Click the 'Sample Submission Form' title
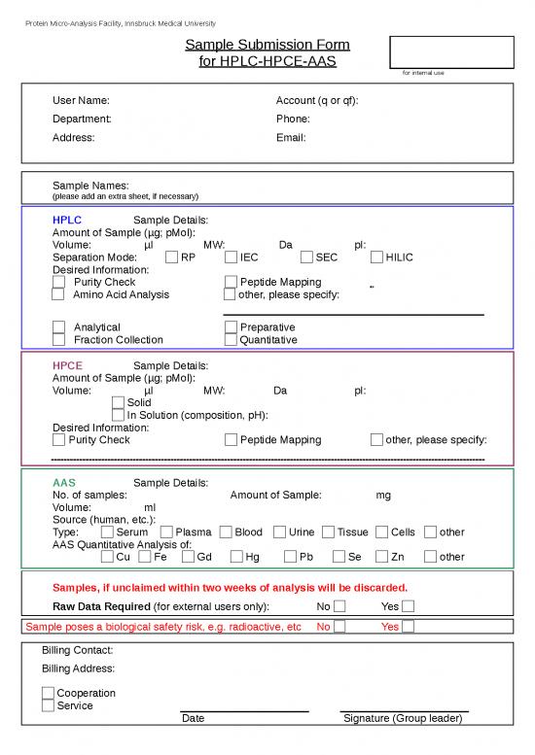tap(267, 45)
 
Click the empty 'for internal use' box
tap(451, 52)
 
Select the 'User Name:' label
tap(81, 100)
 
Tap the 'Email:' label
tap(291, 138)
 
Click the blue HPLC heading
tap(67, 221)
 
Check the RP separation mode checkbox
tap(172, 257)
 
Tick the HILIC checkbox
tap(377, 257)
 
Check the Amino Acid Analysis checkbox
tap(57, 294)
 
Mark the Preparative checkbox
tap(231, 327)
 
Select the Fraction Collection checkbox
tap(58, 340)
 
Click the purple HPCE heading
tap(67, 365)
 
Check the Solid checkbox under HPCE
tap(119, 402)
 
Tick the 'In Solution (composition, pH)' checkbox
tap(119, 415)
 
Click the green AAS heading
tap(63, 483)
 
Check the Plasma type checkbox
tap(167, 532)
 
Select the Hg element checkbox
tap(237, 557)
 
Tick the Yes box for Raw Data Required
tap(409, 607)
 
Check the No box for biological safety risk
tap(339, 627)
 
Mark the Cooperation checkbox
tap(48, 693)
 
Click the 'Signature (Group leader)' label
tap(403, 718)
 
